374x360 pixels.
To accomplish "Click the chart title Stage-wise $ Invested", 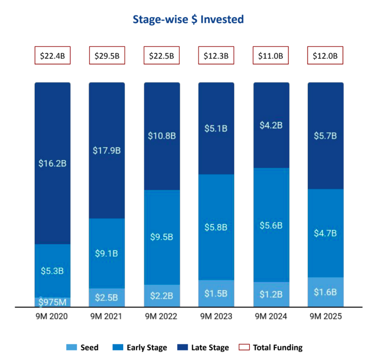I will point(188,20).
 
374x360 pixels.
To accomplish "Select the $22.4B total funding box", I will point(53,55).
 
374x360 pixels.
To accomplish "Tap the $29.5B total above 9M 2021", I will point(107,55).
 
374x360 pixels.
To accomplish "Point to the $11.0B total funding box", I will point(270,55).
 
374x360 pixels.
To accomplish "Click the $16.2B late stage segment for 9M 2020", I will point(53,164).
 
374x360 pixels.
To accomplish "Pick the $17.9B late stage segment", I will point(107,150).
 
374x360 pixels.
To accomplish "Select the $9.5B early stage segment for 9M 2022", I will point(162,237).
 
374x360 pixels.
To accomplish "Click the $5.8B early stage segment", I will point(216,227).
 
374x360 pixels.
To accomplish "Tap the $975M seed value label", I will point(53,302).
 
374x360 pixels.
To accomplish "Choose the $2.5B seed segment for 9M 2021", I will point(107,298).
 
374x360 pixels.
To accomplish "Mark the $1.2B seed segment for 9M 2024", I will point(270,294).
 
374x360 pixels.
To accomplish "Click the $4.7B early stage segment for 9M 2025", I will point(325,233).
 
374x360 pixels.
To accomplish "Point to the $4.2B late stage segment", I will point(270,125).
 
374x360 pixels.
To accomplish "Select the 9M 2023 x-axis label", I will point(216,316).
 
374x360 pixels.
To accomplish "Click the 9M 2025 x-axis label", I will point(325,316).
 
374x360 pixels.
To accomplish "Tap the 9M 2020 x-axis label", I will point(53,316).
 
